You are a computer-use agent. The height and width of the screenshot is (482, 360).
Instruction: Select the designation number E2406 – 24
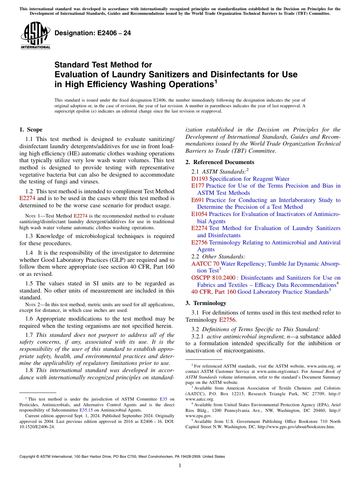(x=93, y=33)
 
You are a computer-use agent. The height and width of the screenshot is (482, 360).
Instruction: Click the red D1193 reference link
(x=199, y=179)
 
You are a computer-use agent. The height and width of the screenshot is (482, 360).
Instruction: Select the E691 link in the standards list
(x=198, y=200)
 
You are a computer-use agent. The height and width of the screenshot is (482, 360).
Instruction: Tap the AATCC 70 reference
(x=205, y=263)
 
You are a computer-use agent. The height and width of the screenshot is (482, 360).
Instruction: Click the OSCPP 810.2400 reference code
(x=213, y=278)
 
